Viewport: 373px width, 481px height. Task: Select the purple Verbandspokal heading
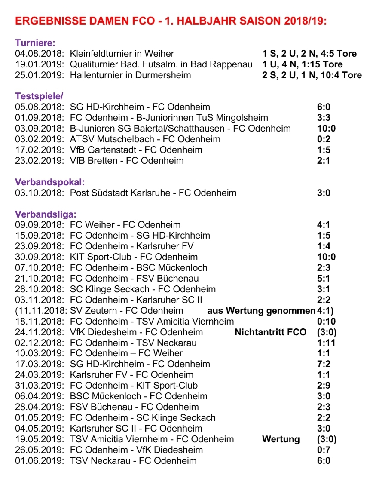point(49,182)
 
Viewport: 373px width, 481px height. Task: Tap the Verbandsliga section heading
point(46,214)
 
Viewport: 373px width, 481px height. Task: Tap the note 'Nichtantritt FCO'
point(271,332)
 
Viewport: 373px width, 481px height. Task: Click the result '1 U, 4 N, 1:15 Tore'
point(303,64)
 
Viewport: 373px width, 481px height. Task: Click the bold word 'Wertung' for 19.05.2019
point(281,439)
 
